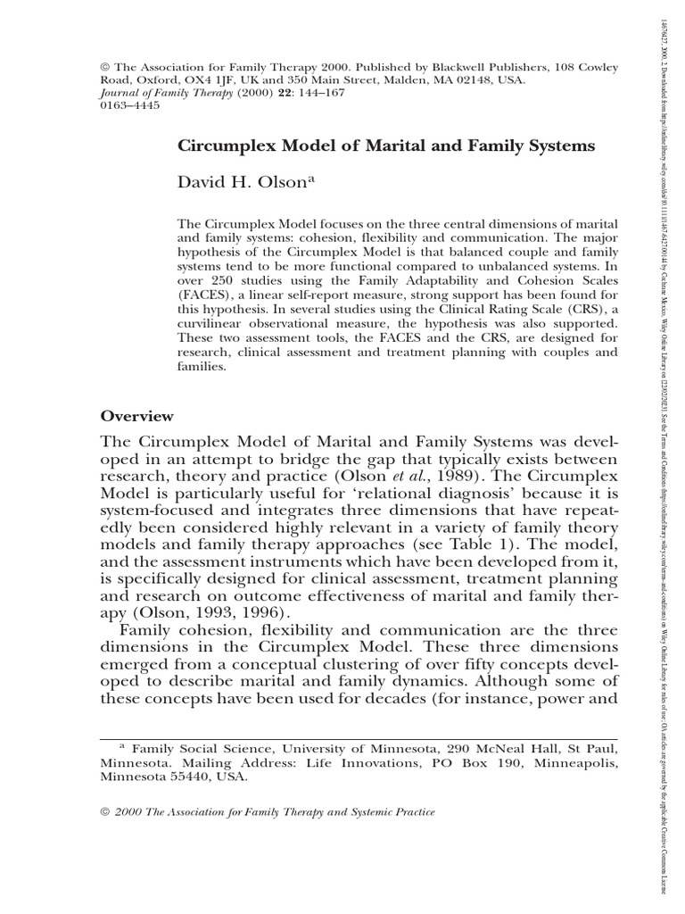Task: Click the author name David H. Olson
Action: pyautogui.click(x=247, y=184)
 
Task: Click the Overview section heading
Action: pyautogui.click(x=136, y=416)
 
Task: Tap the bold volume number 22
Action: pyautogui.click(x=262, y=90)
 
